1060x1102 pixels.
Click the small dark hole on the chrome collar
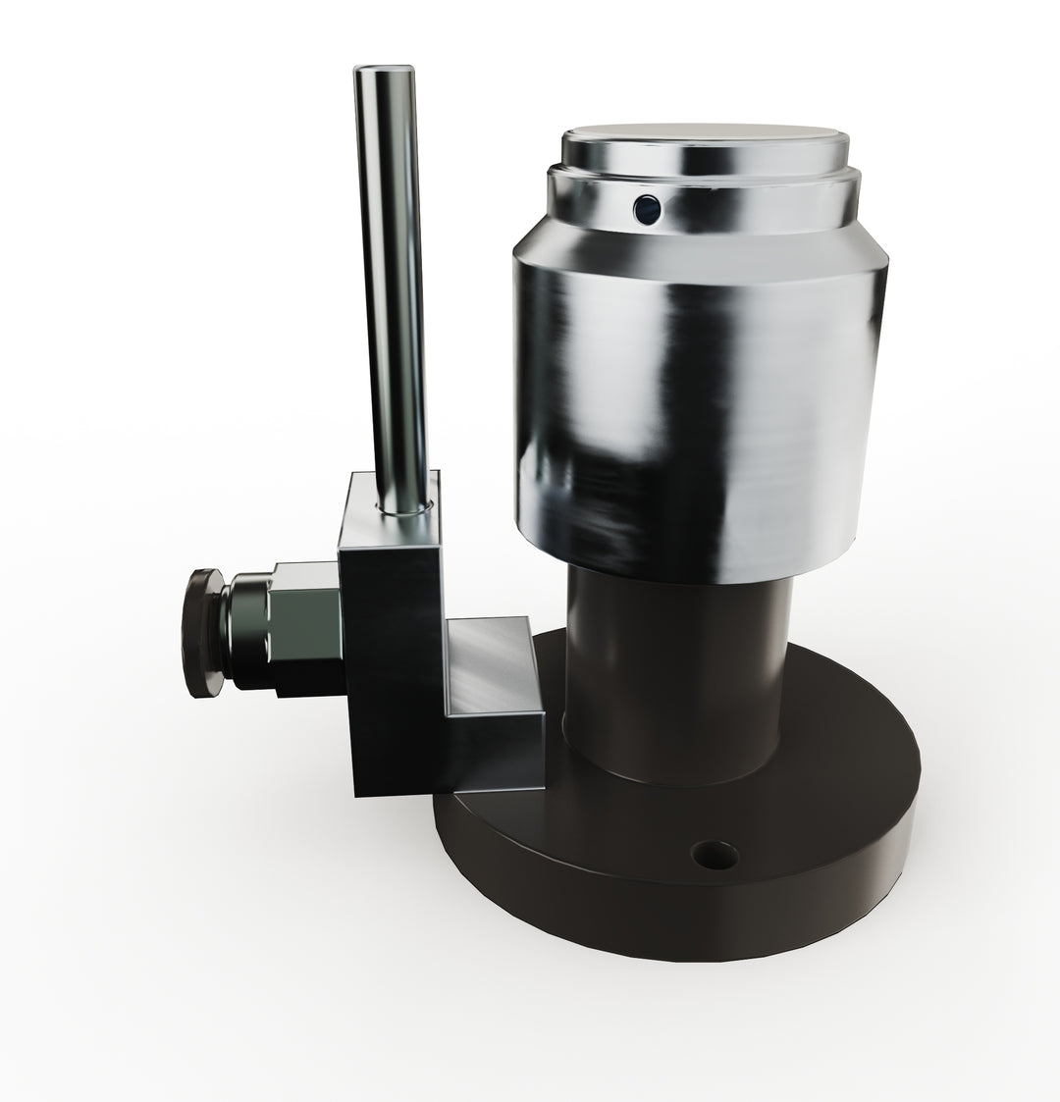pos(647,208)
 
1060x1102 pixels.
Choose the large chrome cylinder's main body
pos(697,412)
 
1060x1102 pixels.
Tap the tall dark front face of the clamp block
pos(393,667)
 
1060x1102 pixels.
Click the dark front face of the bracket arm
pos(496,751)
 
